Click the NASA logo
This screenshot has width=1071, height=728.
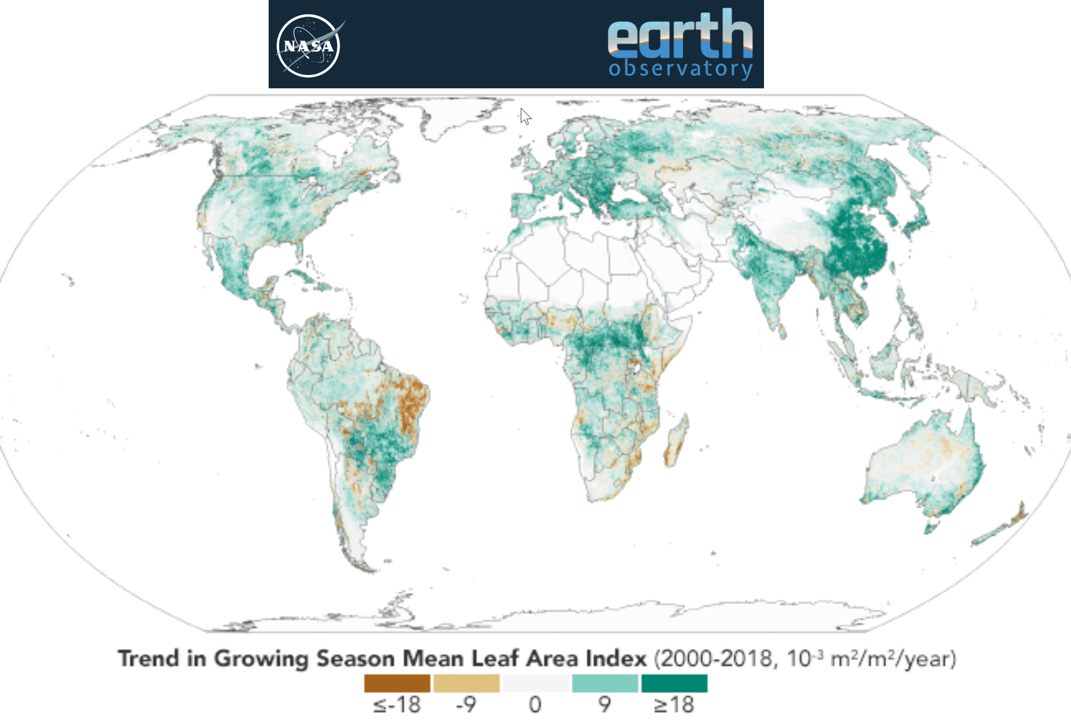pos(308,45)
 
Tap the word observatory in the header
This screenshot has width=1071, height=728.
pos(680,69)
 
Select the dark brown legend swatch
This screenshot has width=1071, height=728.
pos(397,683)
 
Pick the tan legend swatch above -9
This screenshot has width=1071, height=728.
pos(466,683)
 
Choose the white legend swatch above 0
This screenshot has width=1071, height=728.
pos(535,683)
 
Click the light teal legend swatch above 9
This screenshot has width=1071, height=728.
pos(605,683)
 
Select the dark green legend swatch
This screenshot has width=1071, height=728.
pos(674,683)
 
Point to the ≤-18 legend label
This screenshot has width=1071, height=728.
pos(397,705)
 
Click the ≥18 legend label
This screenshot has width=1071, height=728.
pos(674,705)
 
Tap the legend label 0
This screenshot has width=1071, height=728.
pos(535,705)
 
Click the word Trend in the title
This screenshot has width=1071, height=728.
pos(148,658)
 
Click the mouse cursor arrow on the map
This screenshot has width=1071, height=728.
pos(525,116)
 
